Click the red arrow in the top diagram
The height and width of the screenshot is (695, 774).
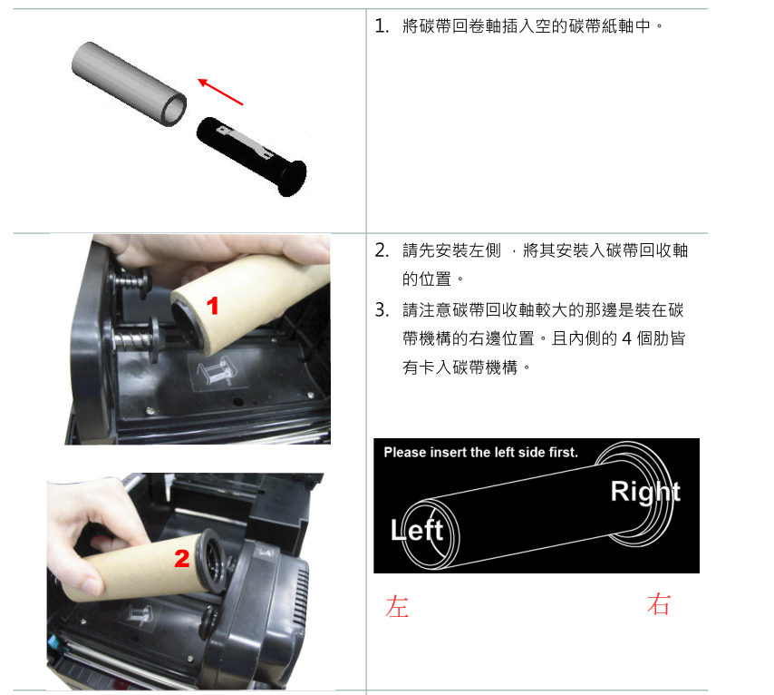(220, 92)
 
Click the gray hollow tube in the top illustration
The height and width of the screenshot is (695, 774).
(130, 83)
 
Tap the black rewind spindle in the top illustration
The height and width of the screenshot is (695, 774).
(252, 156)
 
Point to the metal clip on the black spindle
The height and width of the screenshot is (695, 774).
(246, 142)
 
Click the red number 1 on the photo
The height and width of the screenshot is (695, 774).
(213, 306)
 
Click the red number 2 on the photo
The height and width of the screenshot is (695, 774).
(182, 559)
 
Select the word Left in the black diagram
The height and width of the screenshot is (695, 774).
(417, 530)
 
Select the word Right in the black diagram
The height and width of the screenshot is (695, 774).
(645, 493)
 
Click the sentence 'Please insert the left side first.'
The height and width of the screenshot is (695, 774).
(480, 452)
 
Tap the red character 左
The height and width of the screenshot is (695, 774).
(397, 606)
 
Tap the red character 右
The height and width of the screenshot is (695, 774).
(659, 604)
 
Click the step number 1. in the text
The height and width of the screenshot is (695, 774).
(382, 25)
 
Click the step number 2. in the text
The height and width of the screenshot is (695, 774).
(382, 250)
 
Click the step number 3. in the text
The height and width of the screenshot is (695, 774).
(382, 310)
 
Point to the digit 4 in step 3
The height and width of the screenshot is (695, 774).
(627, 338)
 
